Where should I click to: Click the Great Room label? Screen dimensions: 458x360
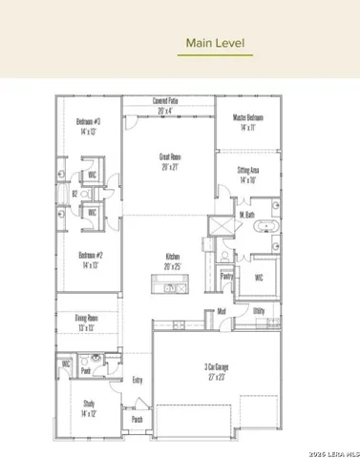point(172,159)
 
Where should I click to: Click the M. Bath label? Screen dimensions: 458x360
point(246,215)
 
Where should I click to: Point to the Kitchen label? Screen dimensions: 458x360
point(173,260)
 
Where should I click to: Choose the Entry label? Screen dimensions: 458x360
point(138,380)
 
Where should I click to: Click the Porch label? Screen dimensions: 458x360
point(137,419)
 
